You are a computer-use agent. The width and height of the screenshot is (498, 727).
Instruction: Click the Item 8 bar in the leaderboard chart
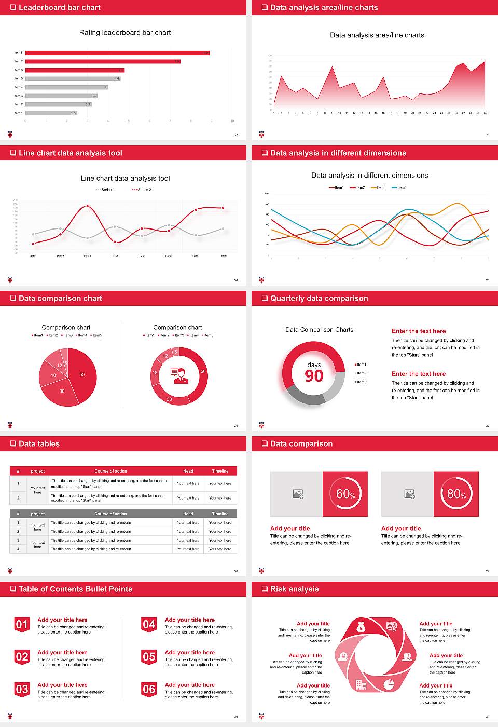(x=117, y=53)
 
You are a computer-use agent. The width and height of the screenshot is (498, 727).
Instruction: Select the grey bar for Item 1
(x=51, y=113)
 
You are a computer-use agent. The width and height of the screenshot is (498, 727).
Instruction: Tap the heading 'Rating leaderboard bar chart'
(x=125, y=33)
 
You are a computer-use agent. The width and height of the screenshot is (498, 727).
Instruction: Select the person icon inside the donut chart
(x=179, y=375)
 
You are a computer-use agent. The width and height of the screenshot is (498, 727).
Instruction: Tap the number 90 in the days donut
(x=314, y=376)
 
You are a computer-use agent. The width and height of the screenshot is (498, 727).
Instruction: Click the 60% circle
(x=345, y=494)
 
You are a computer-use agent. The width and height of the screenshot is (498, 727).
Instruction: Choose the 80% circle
(x=457, y=494)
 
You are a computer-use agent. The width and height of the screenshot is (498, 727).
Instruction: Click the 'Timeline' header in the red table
(x=220, y=471)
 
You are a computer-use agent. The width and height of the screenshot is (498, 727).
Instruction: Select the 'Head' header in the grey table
(x=188, y=514)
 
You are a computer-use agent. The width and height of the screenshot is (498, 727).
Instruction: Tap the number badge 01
(x=22, y=624)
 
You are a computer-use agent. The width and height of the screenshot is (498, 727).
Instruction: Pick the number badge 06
(x=149, y=689)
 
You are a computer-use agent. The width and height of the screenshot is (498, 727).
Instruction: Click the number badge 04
(x=149, y=624)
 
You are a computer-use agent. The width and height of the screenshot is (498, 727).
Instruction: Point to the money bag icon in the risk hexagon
(x=362, y=628)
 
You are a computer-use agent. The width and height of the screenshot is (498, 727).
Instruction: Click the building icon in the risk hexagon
(x=361, y=685)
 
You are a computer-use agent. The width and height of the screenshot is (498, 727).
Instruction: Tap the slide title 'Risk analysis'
(x=294, y=589)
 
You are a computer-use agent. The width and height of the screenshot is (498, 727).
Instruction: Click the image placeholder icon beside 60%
(x=298, y=494)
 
